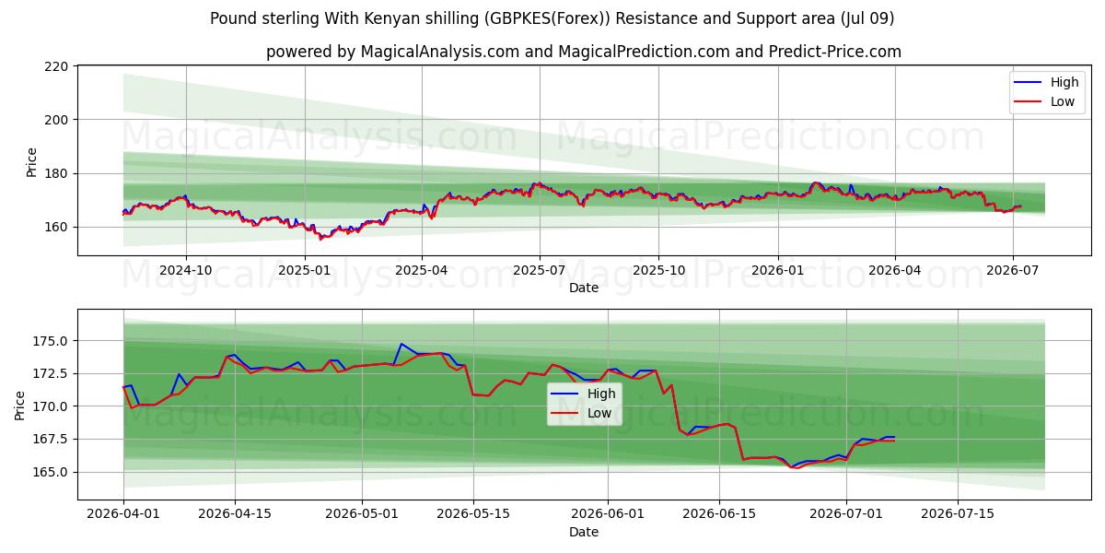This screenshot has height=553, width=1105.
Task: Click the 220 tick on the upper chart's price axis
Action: [x=56, y=66]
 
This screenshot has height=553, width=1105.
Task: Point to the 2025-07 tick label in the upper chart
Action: [x=540, y=271]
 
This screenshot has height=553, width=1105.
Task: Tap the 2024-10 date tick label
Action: [x=186, y=271]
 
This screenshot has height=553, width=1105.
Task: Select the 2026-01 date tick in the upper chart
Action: [x=778, y=271]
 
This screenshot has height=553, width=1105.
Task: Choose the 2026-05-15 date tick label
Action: [x=473, y=514]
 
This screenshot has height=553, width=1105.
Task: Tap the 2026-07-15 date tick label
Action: [x=958, y=514]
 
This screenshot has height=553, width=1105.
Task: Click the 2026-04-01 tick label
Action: [x=123, y=514]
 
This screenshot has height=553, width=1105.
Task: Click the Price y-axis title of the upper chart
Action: [x=31, y=162]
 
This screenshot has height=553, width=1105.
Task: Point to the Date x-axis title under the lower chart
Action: [x=584, y=532]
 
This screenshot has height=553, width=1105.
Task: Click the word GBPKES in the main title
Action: [x=518, y=18]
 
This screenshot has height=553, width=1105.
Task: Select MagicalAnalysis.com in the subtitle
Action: [x=440, y=52]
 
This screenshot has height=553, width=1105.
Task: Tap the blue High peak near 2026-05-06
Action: [x=401, y=344]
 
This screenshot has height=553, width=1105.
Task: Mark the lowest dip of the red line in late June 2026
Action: [x=797, y=467]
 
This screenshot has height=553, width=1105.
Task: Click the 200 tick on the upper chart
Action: [x=56, y=120]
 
